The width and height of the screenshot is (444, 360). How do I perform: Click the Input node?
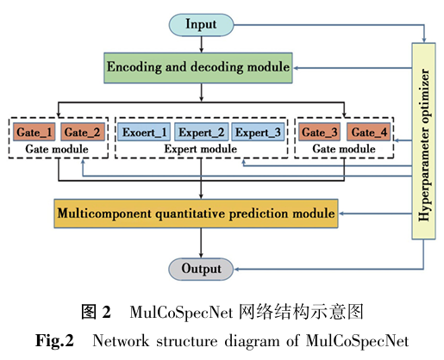tap(201, 25)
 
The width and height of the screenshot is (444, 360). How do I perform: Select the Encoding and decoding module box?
tap(198, 68)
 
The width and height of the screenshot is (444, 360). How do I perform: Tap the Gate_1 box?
tap(34, 132)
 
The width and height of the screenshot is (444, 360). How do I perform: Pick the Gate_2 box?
tap(83, 132)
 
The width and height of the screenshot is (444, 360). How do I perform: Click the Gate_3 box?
tap(319, 132)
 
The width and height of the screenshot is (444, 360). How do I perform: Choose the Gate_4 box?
tap(369, 132)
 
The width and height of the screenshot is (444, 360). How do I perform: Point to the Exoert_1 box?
tap(144, 132)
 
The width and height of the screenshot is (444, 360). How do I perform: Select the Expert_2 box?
tap(201, 132)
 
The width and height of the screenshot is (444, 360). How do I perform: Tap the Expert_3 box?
tap(258, 132)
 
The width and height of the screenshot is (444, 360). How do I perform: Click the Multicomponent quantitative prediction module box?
tap(196, 214)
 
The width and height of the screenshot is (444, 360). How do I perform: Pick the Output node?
tap(201, 269)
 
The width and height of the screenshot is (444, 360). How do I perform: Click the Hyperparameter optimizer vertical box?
tap(423, 141)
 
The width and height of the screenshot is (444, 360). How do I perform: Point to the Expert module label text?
tap(201, 149)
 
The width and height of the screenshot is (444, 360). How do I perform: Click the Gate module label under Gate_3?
tap(344, 149)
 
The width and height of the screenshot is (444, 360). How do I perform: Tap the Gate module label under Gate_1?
tap(57, 149)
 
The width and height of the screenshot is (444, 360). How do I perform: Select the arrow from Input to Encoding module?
tap(201, 45)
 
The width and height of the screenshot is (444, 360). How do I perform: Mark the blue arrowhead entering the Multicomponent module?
tap(342, 214)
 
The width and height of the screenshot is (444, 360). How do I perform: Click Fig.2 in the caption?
tap(54, 341)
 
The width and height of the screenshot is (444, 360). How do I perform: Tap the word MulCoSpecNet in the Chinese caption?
tap(181, 312)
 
